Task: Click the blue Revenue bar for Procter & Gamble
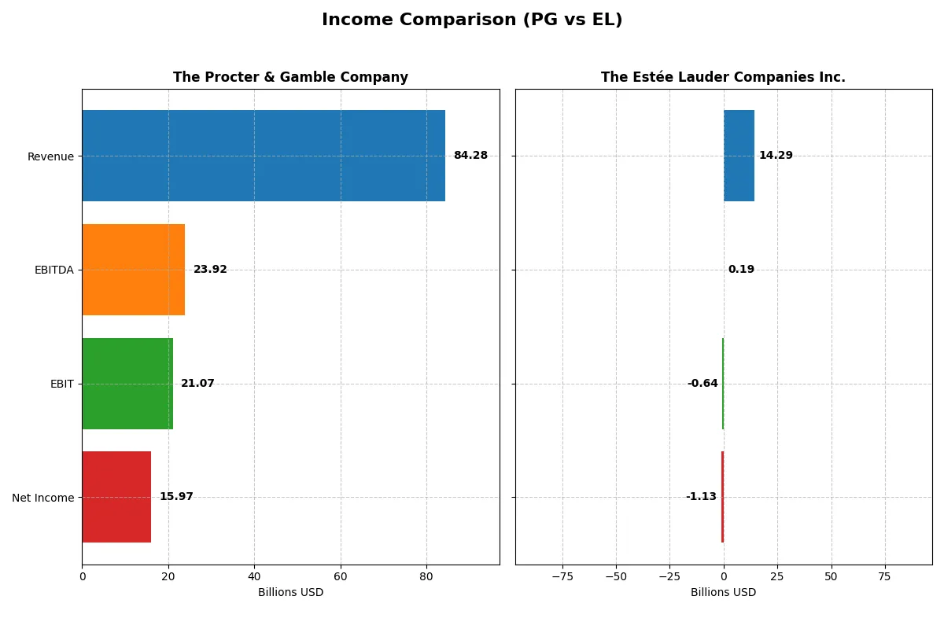264,156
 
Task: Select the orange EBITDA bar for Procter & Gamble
134,270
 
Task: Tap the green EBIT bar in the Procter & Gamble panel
127,384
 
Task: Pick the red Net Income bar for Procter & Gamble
116,497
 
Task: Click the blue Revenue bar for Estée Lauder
739,156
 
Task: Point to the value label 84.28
470,156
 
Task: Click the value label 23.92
210,270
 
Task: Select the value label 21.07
197,384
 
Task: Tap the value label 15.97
176,497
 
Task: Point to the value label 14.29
776,156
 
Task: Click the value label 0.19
741,270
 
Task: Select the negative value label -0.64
702,384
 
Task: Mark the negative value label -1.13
701,497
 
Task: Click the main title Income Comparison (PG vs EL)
472,20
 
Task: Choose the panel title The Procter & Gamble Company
290,78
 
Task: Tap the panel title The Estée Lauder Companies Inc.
723,78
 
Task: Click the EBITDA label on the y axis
54,270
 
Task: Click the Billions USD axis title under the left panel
290,593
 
